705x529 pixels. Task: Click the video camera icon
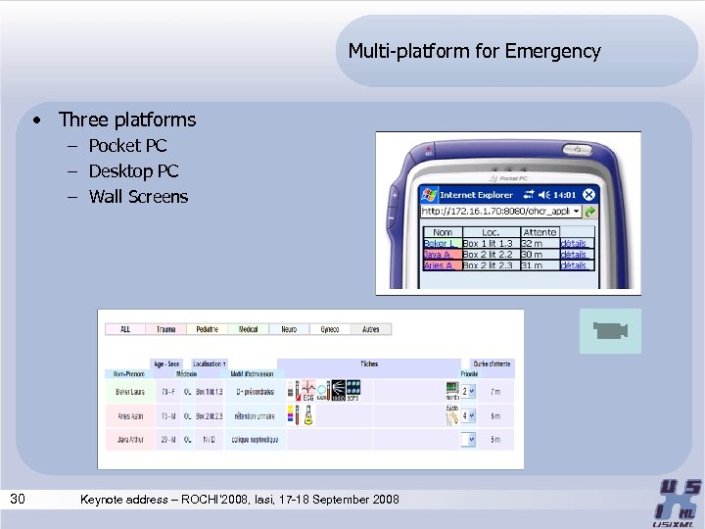[610, 332]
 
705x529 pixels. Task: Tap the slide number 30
[18, 500]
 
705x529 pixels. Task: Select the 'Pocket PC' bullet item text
[127, 146]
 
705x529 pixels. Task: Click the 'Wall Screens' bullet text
[138, 197]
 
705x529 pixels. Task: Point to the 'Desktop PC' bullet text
[133, 171]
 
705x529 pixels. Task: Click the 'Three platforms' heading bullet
[127, 120]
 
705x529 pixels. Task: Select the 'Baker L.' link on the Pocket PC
[440, 243]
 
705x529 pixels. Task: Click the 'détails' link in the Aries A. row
[574, 264]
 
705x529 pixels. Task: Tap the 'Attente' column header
[540, 232]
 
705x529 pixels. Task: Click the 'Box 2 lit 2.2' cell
[488, 254]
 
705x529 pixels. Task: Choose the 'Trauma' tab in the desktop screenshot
[165, 329]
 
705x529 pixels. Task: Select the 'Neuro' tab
[289, 329]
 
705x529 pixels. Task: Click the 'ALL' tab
[125, 329]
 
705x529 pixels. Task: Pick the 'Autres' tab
[371, 329]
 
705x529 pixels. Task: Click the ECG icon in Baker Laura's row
[307, 390]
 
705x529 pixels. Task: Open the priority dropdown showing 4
[467, 416]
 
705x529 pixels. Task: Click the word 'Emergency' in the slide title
[553, 51]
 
